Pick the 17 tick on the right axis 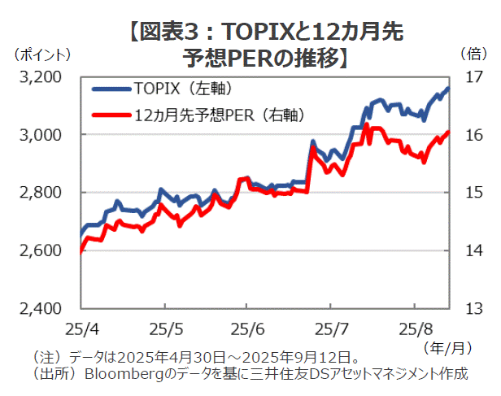point(473,77)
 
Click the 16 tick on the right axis point(473,135)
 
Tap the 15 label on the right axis point(473,193)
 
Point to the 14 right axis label point(473,250)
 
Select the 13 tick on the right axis point(473,309)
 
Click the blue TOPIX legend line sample point(111,88)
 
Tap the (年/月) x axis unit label point(447,348)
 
